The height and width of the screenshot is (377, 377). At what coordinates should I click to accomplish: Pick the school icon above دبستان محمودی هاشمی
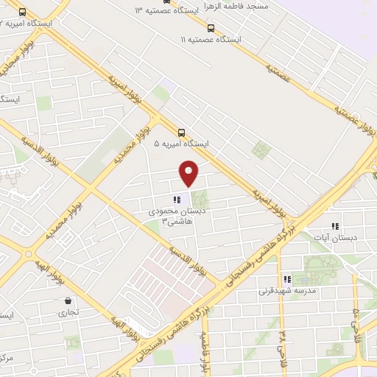click(175, 200)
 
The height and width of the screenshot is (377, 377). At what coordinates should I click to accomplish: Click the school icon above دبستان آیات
click(335, 226)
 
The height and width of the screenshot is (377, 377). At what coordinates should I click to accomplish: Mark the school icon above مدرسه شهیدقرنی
click(287, 279)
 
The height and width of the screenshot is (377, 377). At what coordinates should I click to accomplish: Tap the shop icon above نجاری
click(68, 300)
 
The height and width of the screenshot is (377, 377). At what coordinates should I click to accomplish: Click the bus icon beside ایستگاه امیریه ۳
click(23, 13)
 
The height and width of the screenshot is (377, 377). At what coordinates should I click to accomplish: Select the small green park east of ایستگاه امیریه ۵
click(260, 149)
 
